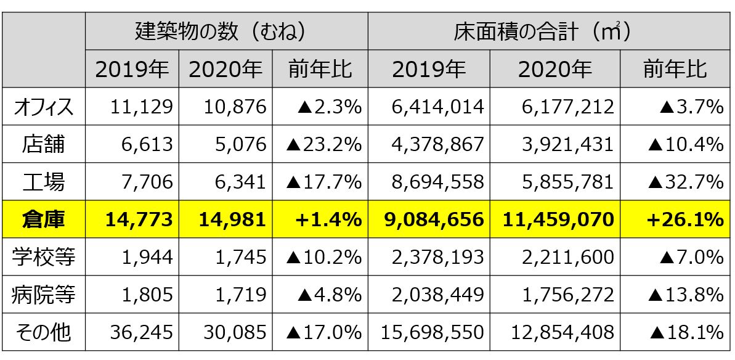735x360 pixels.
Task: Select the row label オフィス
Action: pos(43,107)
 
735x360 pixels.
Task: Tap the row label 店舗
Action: pos(43,145)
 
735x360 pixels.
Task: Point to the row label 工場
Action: pos(43,182)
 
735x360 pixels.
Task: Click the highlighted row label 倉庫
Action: pos(43,219)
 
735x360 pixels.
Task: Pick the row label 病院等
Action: pos(43,295)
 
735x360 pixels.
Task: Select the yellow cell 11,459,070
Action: pos(558,219)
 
